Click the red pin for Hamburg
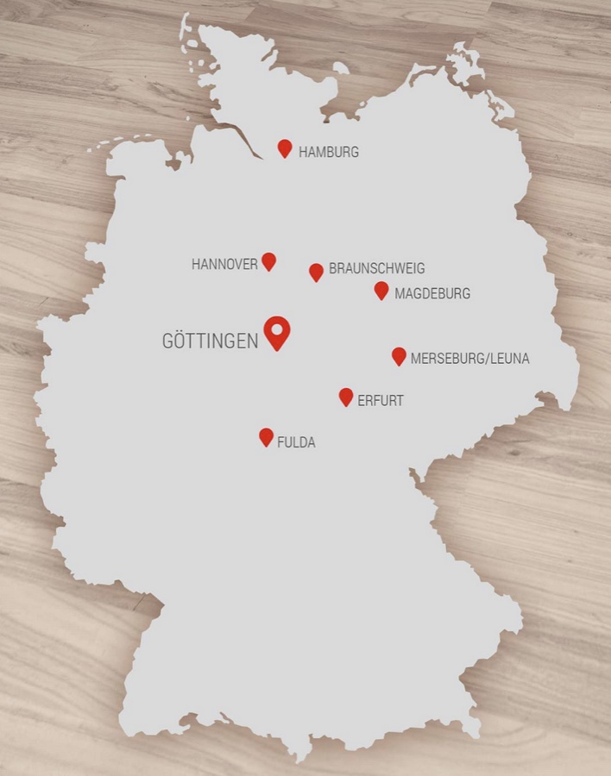(285, 148)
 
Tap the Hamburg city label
(329, 153)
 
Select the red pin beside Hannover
(268, 261)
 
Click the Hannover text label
(224, 265)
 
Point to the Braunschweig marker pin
(316, 272)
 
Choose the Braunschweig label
(376, 269)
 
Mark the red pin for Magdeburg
(381, 291)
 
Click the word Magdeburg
(432, 294)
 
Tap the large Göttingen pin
(277, 332)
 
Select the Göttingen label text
(210, 341)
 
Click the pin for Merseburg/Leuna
(399, 356)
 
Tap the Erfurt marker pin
(346, 397)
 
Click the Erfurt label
(381, 401)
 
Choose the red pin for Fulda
(266, 437)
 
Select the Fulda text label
(296, 442)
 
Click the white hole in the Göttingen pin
(277, 329)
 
